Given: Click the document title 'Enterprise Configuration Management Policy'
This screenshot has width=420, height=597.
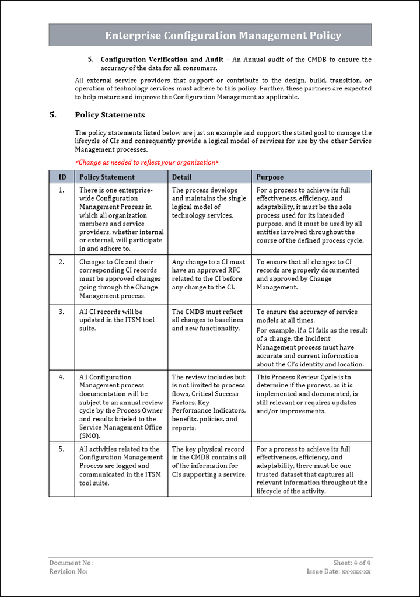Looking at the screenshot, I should click(x=223, y=36).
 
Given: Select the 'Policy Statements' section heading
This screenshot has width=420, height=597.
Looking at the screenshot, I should click(x=110, y=115).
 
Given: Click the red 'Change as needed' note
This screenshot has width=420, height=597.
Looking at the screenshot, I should click(x=147, y=162).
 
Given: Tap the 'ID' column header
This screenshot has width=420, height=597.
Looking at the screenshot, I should click(x=62, y=177).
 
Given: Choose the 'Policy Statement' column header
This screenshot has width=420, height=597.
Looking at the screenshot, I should click(x=107, y=177).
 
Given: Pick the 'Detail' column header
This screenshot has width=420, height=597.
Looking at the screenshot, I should click(x=181, y=177).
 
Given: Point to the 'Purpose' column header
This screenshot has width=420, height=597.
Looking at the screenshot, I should click(x=270, y=177).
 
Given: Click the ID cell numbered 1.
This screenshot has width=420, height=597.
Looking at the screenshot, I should click(x=62, y=190).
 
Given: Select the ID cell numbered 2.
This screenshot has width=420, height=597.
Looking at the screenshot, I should click(x=62, y=262).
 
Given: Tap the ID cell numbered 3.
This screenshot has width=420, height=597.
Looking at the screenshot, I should click(x=62, y=312).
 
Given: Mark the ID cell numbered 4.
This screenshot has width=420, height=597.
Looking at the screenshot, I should click(x=62, y=377).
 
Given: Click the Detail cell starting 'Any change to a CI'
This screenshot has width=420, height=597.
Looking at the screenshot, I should click(x=208, y=274).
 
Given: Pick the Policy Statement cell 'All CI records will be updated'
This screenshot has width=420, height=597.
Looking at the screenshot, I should click(x=111, y=320).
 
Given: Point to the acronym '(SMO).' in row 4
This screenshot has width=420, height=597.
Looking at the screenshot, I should click(x=90, y=435).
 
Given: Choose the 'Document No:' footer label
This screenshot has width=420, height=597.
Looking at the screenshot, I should click(x=71, y=563).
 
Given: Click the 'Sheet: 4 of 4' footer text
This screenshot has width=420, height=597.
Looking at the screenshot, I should click(x=352, y=563).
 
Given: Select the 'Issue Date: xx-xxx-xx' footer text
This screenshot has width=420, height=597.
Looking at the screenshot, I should click(x=338, y=571).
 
